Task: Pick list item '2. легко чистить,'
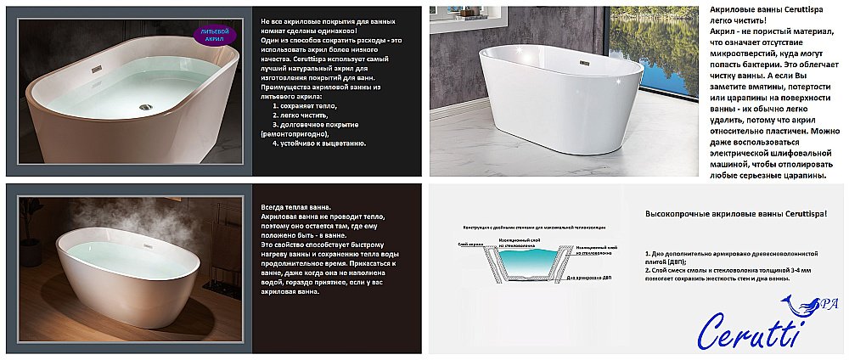301,115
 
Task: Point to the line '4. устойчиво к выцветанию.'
318,143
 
